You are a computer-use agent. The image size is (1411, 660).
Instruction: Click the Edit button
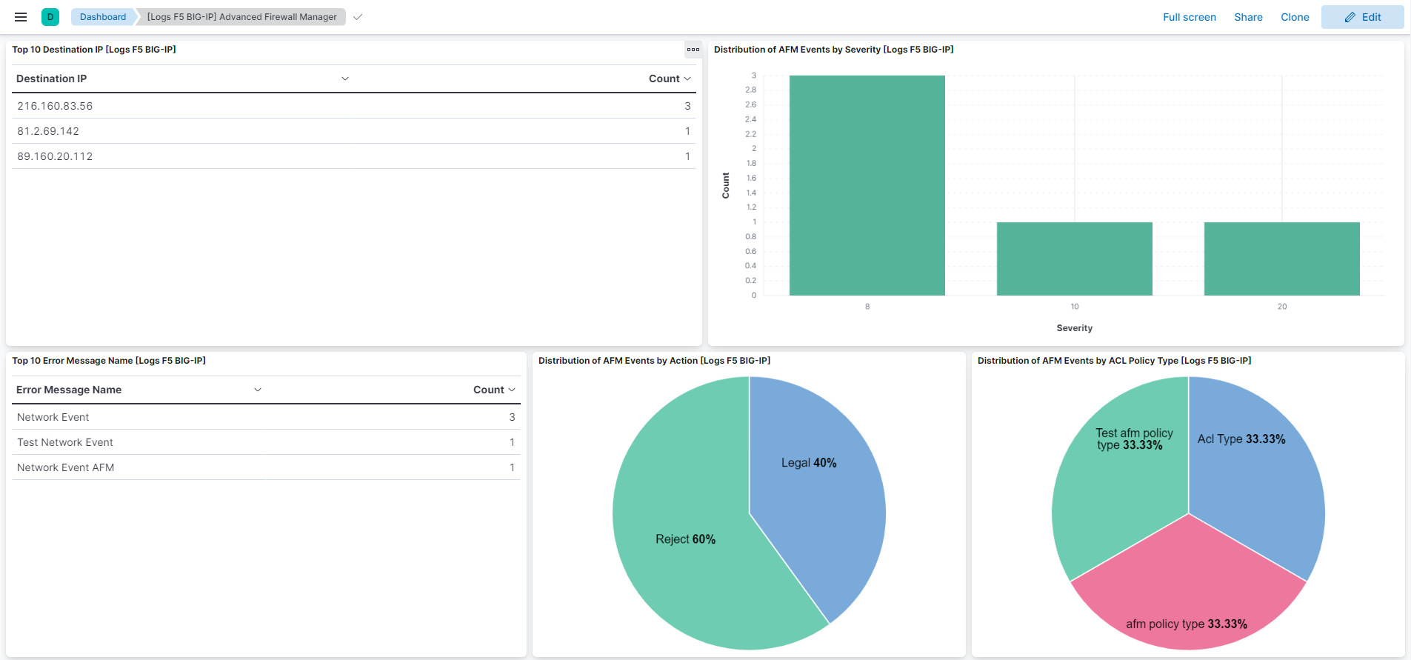pyautogui.click(x=1362, y=17)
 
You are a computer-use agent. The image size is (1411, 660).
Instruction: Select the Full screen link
pyautogui.click(x=1189, y=17)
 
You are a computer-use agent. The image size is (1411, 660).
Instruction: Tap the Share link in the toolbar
pyautogui.click(x=1248, y=17)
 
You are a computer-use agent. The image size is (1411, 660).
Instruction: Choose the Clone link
pyautogui.click(x=1295, y=17)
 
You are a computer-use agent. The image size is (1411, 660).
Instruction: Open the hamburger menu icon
pyautogui.click(x=21, y=17)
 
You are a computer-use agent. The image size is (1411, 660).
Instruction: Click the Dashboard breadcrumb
pyautogui.click(x=103, y=17)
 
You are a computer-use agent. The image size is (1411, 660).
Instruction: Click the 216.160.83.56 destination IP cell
pyautogui.click(x=56, y=106)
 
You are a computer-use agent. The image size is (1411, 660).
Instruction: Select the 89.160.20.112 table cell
pyautogui.click(x=56, y=156)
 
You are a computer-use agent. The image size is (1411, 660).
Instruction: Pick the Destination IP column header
pyautogui.click(x=52, y=79)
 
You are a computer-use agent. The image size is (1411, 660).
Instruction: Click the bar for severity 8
pyautogui.click(x=867, y=185)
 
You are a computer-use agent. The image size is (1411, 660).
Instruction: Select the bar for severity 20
pyautogui.click(x=1281, y=259)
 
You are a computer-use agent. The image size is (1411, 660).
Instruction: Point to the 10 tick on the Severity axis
pyautogui.click(x=1075, y=307)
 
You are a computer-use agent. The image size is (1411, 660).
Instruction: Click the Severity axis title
pyautogui.click(x=1074, y=328)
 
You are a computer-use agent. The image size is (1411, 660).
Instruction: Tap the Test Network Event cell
pyautogui.click(x=65, y=442)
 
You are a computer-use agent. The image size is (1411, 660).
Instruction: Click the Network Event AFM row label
pyautogui.click(x=66, y=467)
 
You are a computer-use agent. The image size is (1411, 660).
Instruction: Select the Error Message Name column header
pyautogui.click(x=69, y=390)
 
